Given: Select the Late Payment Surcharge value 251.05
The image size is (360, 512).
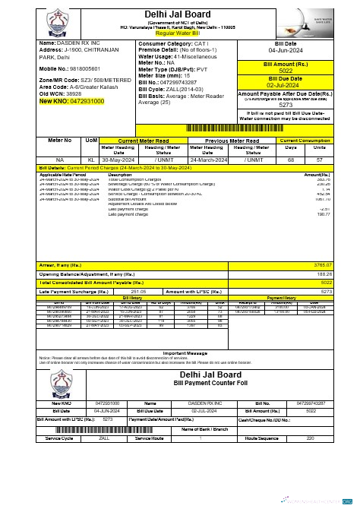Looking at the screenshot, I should [x=139, y=290].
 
